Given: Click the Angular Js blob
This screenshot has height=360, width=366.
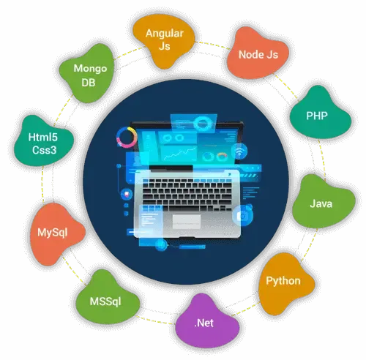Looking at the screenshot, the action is point(164,42).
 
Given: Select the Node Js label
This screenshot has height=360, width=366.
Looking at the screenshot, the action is point(258,55).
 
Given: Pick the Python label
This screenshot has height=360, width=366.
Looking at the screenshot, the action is point(283,281).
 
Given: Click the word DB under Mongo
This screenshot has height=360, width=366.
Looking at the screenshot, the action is point(89,83).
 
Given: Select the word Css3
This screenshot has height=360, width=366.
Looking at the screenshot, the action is point(44,150).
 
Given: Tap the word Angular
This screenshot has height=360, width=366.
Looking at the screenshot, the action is point(165,34).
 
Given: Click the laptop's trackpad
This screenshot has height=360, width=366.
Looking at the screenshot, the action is point(187,222).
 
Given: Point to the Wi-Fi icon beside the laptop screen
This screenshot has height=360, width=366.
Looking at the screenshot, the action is point(239,151).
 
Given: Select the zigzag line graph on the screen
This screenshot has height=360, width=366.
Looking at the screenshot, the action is point(180,153).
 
